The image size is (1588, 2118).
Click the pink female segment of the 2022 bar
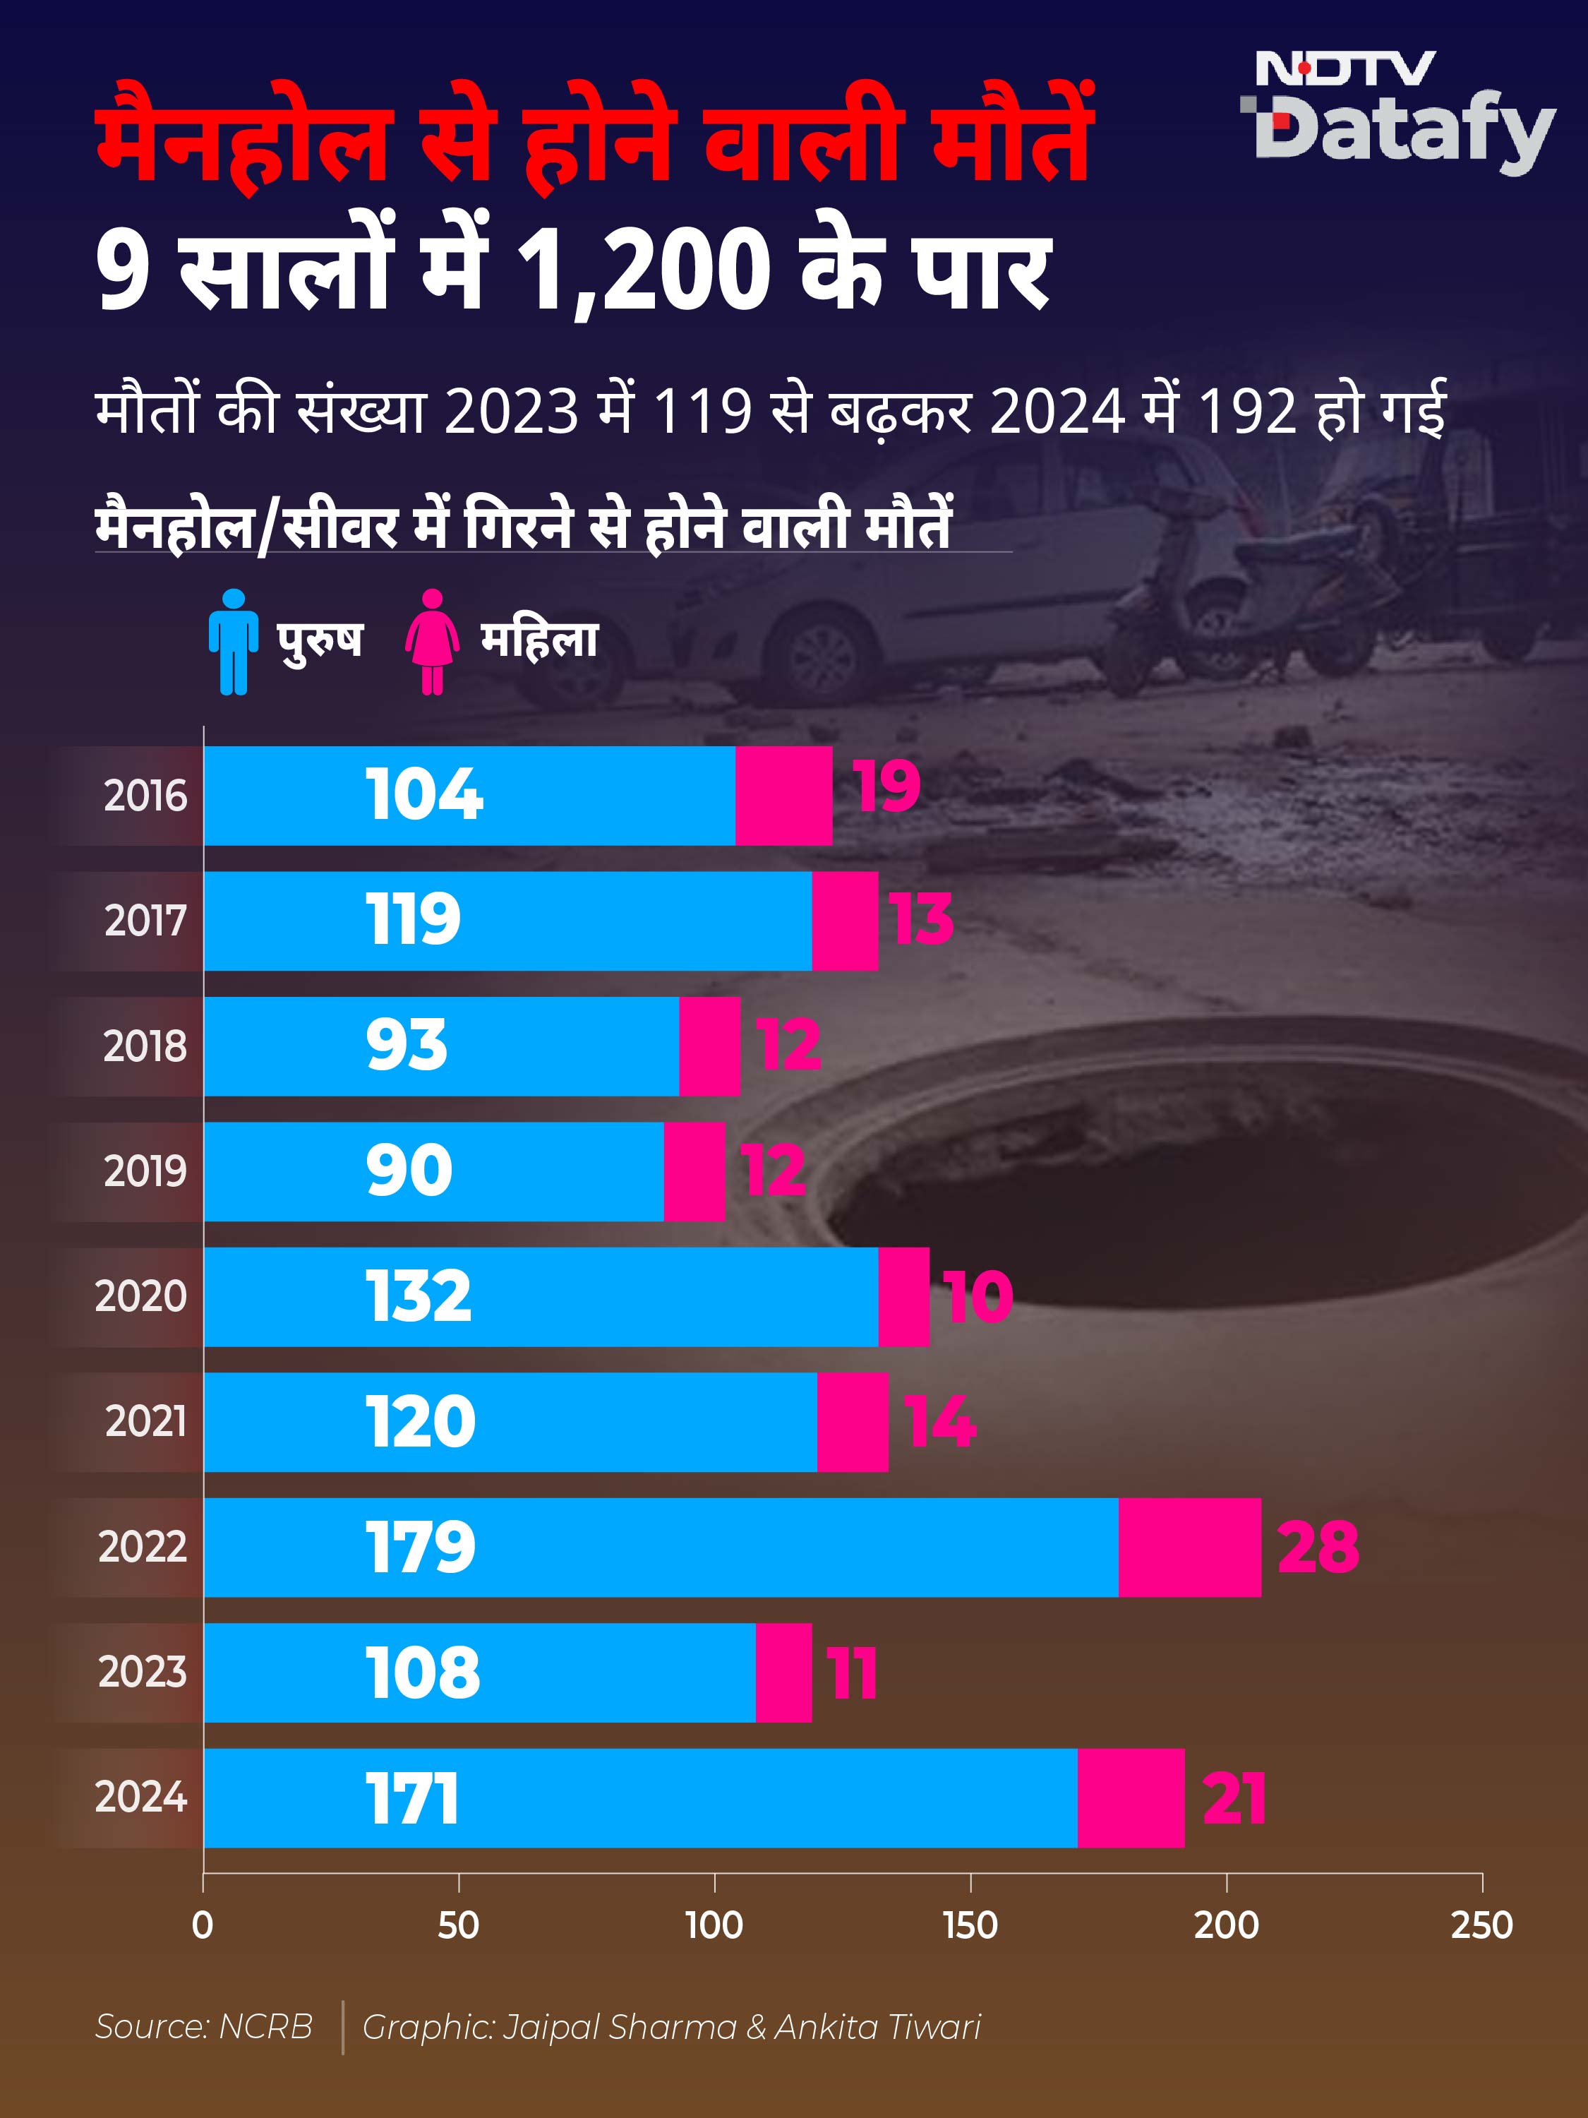tap(1190, 1548)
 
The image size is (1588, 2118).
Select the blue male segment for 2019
tap(433, 1171)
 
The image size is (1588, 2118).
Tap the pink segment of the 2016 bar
tap(784, 796)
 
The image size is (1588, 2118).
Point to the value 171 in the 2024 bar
tap(413, 1798)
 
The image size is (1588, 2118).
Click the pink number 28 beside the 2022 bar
tap(1318, 1548)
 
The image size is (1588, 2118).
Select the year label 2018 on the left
tap(145, 1046)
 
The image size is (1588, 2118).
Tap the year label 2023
tap(143, 1673)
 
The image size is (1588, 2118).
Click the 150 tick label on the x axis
tap(970, 1925)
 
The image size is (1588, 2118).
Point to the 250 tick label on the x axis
tap(1481, 1925)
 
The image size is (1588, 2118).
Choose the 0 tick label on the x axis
tap(203, 1925)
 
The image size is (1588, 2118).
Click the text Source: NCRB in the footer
tap(204, 2027)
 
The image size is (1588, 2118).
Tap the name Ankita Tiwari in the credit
tap(878, 2027)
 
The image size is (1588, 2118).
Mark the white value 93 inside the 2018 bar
tap(407, 1046)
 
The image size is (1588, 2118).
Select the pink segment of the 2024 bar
tap(1131, 1798)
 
